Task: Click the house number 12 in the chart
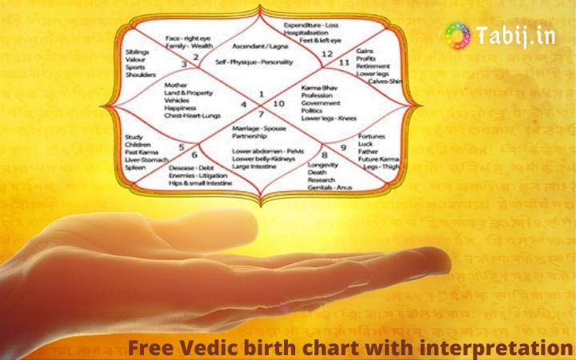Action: (x=327, y=54)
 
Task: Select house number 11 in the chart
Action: (x=345, y=62)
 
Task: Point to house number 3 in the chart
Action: (x=184, y=64)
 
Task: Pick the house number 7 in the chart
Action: (x=261, y=114)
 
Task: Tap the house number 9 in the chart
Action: (x=343, y=148)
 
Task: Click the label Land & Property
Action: (x=186, y=93)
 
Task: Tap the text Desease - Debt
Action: (x=192, y=167)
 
